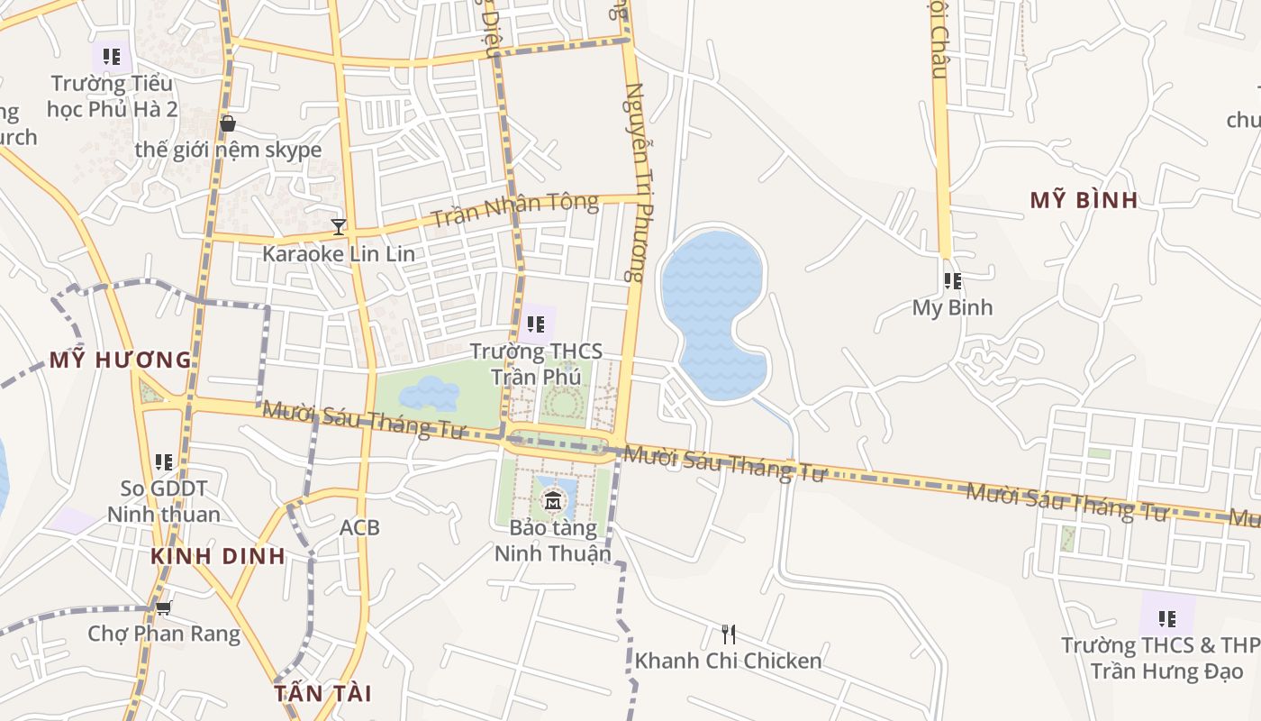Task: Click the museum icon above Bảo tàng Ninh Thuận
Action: (552, 500)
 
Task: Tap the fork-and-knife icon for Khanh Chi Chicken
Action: (728, 634)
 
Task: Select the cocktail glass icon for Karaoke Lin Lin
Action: (339, 226)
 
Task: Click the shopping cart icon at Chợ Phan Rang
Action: (163, 607)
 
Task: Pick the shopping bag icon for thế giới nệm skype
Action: (228, 123)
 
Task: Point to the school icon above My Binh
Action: (952, 281)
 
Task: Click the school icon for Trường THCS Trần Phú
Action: (536, 324)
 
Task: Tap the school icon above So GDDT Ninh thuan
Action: (163, 462)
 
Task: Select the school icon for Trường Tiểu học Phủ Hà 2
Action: (112, 57)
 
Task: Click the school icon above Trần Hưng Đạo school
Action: (1166, 619)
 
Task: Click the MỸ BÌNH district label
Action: (1084, 200)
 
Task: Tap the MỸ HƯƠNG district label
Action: (121, 360)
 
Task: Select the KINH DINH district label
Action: (218, 556)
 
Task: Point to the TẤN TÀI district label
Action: (322, 693)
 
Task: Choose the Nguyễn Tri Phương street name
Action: (636, 182)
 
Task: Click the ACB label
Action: (359, 527)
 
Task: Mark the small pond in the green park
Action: (429, 394)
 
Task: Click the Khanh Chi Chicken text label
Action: (728, 661)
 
